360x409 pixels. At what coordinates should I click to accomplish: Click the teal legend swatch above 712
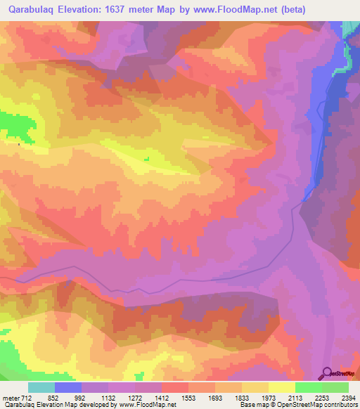(41, 387)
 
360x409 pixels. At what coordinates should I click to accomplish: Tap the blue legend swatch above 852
(68, 387)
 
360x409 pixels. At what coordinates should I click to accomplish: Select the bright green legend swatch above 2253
(309, 387)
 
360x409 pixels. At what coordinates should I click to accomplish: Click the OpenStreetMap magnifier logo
(328, 372)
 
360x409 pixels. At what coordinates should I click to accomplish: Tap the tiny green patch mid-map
(147, 159)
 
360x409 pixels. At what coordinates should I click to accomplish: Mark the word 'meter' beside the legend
(11, 397)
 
